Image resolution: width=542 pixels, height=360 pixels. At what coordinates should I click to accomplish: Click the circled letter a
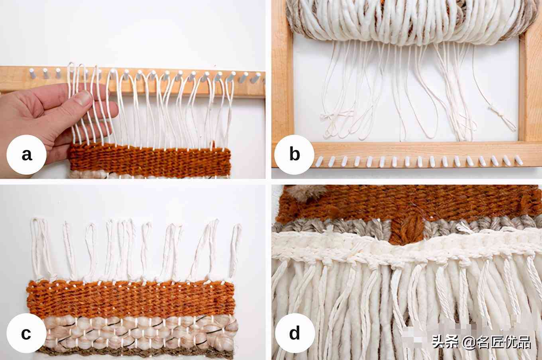coord(27,155)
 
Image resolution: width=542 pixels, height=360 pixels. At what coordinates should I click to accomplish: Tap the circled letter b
coord(294,155)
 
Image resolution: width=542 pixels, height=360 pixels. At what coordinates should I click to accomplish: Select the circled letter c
coord(26,333)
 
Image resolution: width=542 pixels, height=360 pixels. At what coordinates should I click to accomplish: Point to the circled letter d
coord(295,333)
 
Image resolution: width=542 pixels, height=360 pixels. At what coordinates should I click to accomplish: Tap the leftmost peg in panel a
coord(32,73)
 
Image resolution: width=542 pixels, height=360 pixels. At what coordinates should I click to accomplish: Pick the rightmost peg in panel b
coord(518,160)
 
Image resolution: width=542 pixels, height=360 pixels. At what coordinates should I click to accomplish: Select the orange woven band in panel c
coord(131,299)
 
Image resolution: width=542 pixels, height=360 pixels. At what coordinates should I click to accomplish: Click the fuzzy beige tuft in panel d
coord(306,194)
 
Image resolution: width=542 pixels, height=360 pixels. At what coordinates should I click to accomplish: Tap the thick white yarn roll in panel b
coord(409,22)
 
